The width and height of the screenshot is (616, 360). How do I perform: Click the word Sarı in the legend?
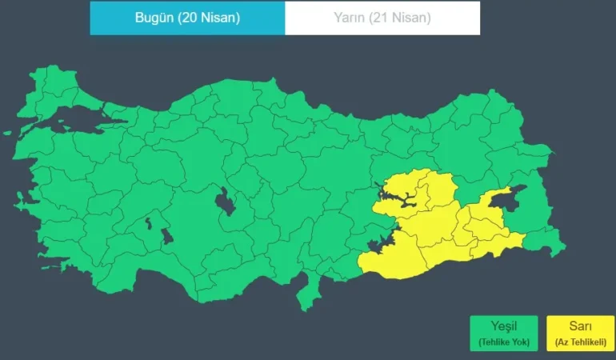pyautogui.click(x=575, y=327)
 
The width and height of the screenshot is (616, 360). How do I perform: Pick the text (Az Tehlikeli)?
pyautogui.click(x=575, y=342)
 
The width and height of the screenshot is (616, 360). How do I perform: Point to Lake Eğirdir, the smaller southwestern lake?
pyautogui.click(x=148, y=224)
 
